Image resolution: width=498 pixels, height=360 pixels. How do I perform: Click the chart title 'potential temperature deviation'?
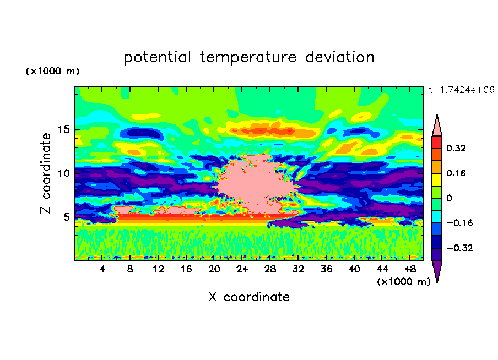tap(248, 57)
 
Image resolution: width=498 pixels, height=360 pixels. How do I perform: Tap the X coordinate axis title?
tap(248, 297)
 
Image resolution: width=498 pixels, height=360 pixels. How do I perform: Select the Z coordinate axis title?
tap(46, 173)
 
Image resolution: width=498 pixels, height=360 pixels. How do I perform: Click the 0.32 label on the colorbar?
tap(457, 148)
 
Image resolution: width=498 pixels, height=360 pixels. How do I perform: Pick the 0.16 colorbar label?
tap(457, 173)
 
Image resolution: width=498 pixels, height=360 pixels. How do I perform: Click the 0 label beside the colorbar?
tap(449, 198)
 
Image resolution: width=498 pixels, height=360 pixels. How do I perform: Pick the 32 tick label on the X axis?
tap(298, 269)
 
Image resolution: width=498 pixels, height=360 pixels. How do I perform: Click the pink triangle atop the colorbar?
tap(437, 126)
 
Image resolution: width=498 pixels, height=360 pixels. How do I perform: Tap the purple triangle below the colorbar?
tap(437, 271)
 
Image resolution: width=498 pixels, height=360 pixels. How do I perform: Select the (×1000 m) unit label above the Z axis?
tap(52, 72)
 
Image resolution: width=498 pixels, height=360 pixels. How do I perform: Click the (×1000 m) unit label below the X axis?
tap(404, 281)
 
